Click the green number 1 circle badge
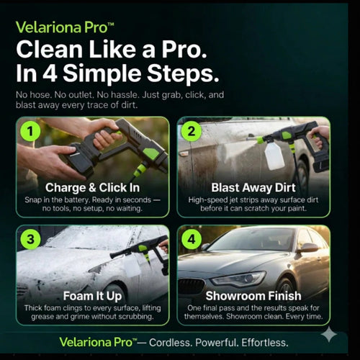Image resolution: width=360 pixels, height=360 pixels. coord(29,132)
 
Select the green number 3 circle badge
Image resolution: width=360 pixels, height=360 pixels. coord(29,240)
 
